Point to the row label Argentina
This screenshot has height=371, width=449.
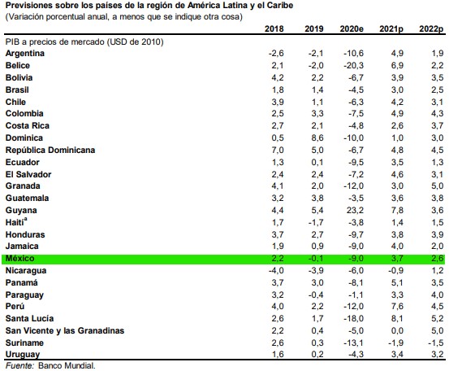pyautogui.click(x=24, y=54)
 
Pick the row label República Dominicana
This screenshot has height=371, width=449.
pyautogui.click(x=50, y=151)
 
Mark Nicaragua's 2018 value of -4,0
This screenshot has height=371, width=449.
pyautogui.click(x=276, y=269)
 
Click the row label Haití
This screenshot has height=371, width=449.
pyautogui.click(x=18, y=222)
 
